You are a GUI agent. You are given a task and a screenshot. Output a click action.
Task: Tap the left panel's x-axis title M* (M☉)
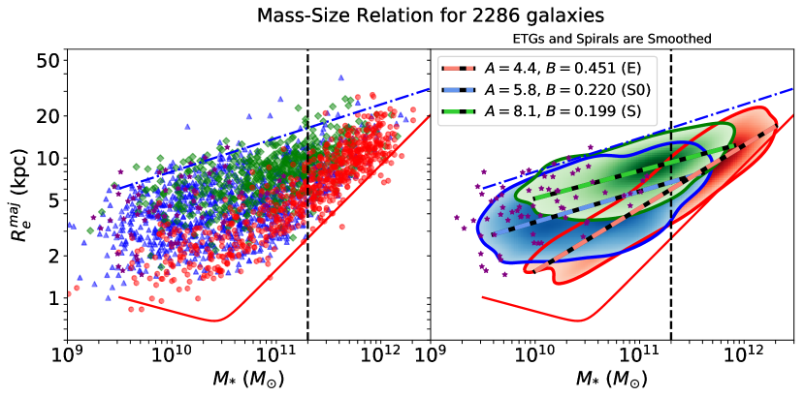pyautogui.click(x=247, y=379)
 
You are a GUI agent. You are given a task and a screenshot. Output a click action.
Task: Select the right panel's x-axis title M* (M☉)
pyautogui.click(x=612, y=379)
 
